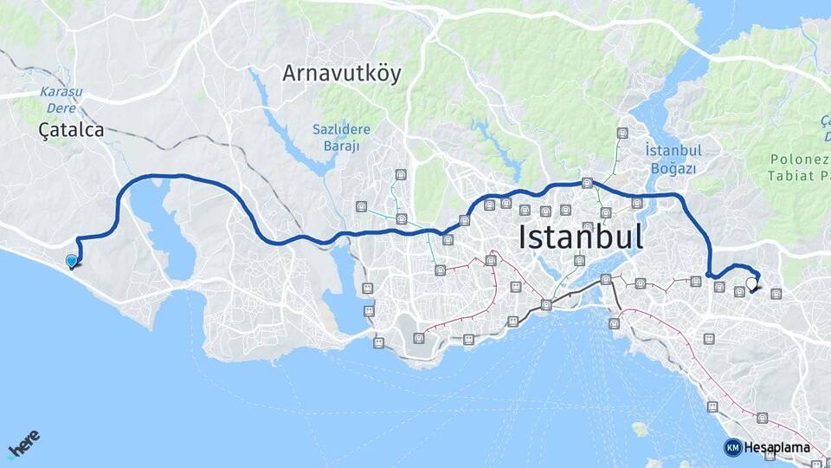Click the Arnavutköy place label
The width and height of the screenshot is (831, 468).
coord(342,74)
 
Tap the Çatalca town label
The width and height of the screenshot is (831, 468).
coord(71,130)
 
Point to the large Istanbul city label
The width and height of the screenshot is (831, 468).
coord(581,236)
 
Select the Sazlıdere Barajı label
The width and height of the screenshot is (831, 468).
coord(341,138)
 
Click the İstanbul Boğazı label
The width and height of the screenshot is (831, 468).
coord(673,159)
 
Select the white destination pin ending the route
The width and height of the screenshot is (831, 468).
coord(751,283)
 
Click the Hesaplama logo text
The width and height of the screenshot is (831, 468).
coord(776,447)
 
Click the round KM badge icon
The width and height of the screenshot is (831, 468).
coord(732,447)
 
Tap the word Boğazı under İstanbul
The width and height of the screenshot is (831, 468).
coord(673,168)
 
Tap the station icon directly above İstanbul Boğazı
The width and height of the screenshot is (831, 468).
coord(622,133)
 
